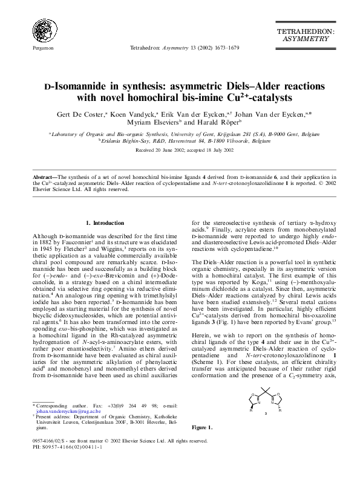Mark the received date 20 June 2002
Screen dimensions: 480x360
tap(163, 149)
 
